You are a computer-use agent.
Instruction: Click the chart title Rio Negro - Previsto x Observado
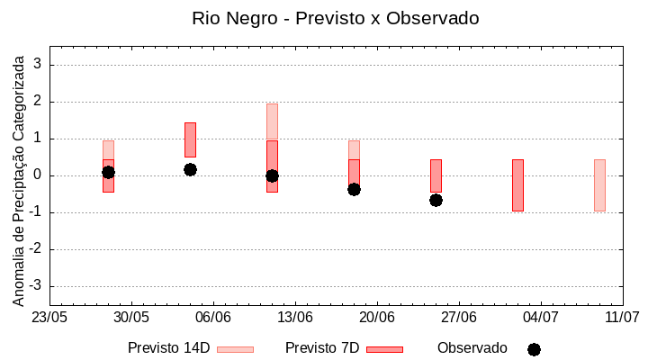pos(336,18)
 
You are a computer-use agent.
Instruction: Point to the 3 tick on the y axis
pos(39,65)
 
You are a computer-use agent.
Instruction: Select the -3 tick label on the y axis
pos(36,286)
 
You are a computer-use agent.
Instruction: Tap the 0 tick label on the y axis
pos(39,175)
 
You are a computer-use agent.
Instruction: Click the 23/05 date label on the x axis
pos(49,318)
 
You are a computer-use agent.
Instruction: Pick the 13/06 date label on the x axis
pos(295,318)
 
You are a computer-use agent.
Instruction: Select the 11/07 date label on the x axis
pos(622,318)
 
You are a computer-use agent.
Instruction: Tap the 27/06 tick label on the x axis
pos(459,318)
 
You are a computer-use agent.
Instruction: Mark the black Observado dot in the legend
pos(534,349)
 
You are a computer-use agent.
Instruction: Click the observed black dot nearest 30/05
pos(108,172)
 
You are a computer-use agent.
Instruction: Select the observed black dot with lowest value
pos(436,200)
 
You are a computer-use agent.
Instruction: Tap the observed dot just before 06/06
pos(190,169)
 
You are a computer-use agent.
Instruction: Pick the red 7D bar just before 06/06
pos(190,139)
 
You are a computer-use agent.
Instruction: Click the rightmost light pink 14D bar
pos(599,184)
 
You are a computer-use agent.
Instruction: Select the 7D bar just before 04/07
pos(517,184)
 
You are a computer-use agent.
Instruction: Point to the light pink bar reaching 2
pos(272,121)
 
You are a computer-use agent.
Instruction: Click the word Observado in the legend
pos(472,347)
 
